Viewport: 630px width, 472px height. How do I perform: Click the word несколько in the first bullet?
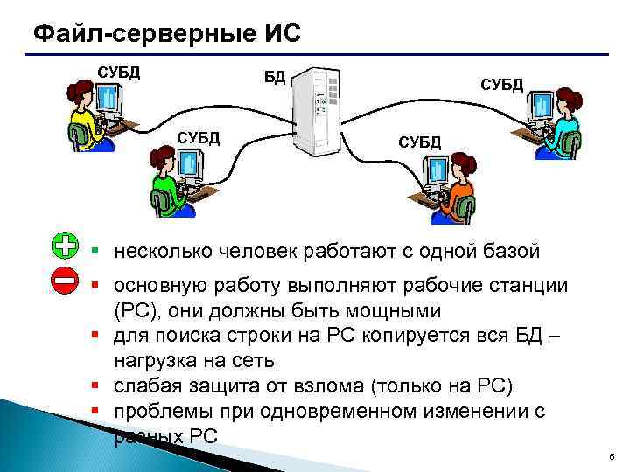[159, 253]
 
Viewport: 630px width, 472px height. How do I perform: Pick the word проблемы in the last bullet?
[158, 412]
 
